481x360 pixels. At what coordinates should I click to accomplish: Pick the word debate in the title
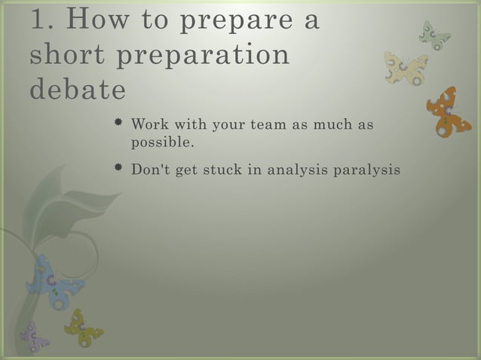coord(78,90)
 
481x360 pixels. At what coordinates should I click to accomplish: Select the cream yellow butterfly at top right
coord(406,68)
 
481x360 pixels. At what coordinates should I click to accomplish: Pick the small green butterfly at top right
coord(434,35)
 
